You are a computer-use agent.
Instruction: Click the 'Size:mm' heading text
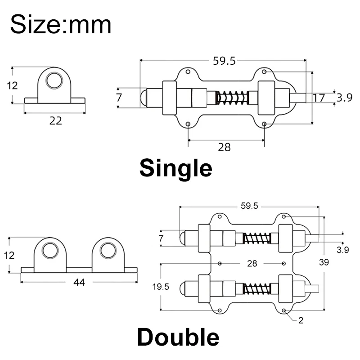61,24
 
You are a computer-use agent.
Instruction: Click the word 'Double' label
178,337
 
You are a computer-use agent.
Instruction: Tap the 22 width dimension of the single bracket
56,120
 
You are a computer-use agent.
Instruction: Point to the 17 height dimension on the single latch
319,98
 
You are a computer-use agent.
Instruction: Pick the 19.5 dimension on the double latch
161,287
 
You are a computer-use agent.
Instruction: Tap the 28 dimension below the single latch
224,147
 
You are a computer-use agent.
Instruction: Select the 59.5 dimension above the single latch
225,62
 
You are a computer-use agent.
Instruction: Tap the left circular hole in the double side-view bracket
49,250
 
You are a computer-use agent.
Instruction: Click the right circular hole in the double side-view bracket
108,250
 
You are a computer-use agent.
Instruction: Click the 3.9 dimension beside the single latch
345,98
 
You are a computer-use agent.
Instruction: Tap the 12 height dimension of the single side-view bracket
13,85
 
